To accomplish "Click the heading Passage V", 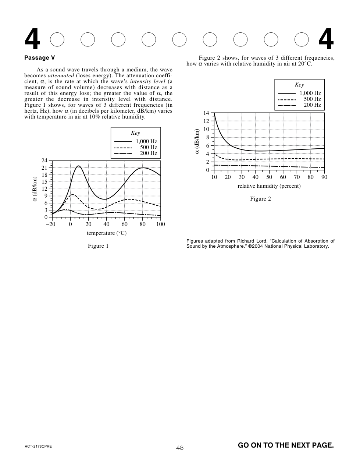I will (40, 58).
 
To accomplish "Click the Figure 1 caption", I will (98, 246).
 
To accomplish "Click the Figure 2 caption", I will (260, 199).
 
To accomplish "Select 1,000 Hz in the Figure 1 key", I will (146, 141).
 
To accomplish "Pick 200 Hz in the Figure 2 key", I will (312, 105).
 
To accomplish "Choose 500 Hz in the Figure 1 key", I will (148, 147).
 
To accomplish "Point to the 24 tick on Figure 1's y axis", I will (45, 160).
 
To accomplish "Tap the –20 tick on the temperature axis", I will (51, 224).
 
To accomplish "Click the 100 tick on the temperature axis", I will (161, 224).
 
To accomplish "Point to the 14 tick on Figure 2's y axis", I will (206, 113).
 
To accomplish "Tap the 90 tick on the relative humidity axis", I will (324, 177).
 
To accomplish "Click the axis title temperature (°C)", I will (107, 233).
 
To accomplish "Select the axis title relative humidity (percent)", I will (269, 186).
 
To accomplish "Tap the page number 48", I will (180, 448).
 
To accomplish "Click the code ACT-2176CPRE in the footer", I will (38, 446).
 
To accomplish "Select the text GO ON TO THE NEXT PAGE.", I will (286, 445).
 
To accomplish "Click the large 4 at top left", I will (32, 40).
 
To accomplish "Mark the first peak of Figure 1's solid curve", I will (78, 166).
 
